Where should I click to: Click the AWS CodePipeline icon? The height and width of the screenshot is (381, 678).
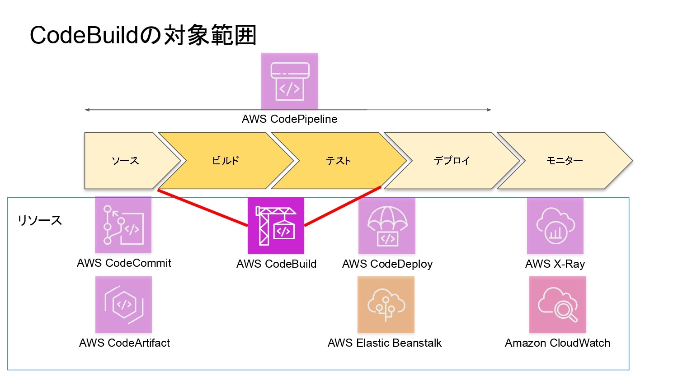tap(289, 81)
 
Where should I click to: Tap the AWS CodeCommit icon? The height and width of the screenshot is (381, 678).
tap(123, 225)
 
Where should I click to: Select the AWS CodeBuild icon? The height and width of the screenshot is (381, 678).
tap(276, 226)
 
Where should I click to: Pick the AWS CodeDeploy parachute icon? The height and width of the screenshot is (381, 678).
tap(386, 226)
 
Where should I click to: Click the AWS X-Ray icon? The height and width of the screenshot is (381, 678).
tap(555, 226)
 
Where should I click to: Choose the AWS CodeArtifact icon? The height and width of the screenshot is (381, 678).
tap(123, 305)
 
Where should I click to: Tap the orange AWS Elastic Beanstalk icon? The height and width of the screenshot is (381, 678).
tap(386, 305)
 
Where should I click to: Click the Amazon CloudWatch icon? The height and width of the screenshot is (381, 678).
tap(557, 305)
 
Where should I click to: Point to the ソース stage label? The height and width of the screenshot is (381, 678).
tap(125, 161)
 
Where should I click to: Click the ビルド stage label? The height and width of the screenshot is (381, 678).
tap(225, 161)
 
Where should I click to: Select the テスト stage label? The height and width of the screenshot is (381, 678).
tap(338, 161)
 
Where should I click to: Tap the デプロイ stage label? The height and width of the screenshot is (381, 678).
tap(452, 161)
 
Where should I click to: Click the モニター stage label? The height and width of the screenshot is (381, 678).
tap(565, 161)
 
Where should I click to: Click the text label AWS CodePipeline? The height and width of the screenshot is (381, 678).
tap(289, 119)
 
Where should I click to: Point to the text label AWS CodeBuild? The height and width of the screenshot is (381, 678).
tap(276, 264)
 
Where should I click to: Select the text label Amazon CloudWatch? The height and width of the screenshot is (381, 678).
tap(557, 343)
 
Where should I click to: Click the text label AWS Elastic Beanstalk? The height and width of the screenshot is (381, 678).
tap(384, 343)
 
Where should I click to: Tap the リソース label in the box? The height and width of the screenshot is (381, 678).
tap(40, 220)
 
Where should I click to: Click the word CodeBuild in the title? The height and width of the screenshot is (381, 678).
tap(84, 35)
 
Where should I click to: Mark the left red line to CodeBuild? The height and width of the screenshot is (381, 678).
tap(202, 208)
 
